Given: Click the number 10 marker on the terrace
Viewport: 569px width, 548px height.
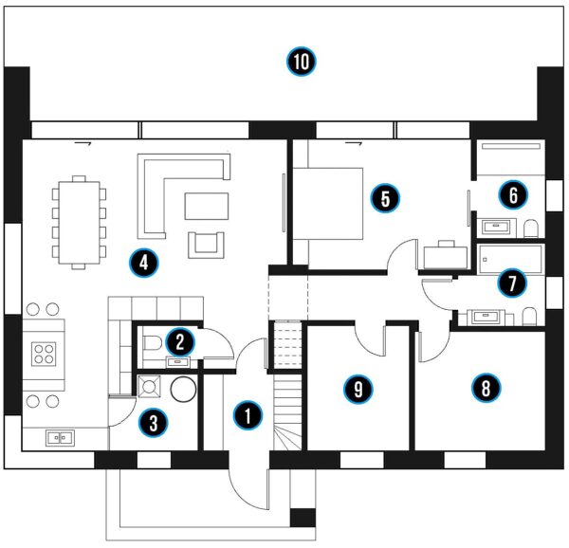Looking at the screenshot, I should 301,63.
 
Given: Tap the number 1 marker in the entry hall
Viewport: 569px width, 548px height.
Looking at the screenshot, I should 248,414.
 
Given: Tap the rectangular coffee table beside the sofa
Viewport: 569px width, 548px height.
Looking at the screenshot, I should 207,205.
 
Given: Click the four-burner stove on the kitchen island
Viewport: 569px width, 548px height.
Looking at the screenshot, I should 44,354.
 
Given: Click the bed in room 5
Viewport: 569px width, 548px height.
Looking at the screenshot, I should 327,202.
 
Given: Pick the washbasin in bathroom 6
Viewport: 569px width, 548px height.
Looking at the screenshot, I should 496,227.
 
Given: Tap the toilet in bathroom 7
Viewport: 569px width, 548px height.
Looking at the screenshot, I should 530,317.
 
